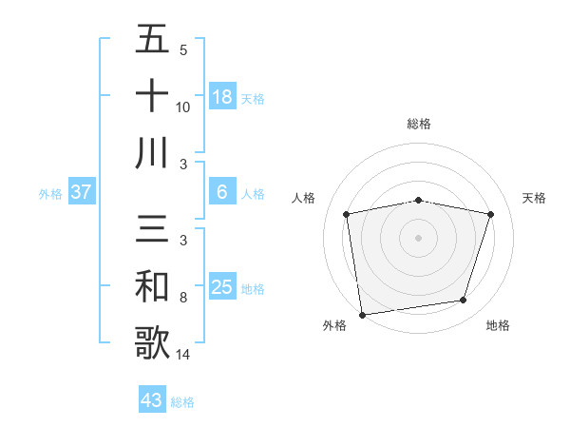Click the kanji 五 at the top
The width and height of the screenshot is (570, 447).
click(x=152, y=42)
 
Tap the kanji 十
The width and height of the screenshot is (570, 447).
click(x=152, y=96)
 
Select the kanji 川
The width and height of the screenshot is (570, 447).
click(x=152, y=152)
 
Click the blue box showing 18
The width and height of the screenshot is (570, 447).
click(x=222, y=97)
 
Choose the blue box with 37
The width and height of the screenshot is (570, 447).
click(x=82, y=193)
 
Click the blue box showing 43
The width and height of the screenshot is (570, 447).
click(x=152, y=400)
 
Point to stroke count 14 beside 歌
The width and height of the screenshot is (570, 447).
click(x=183, y=355)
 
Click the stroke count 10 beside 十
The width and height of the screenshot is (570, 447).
click(x=183, y=107)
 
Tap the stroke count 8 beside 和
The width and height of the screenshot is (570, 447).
click(x=183, y=298)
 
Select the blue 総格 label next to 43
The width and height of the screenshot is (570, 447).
click(x=182, y=402)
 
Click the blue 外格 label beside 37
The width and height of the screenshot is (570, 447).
click(x=50, y=194)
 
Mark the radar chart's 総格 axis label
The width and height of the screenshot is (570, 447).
click(x=419, y=124)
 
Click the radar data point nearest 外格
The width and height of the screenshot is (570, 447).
click(x=362, y=314)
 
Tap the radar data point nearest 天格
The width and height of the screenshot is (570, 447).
click(x=490, y=214)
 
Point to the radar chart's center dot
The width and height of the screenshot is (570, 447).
click(x=419, y=237)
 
